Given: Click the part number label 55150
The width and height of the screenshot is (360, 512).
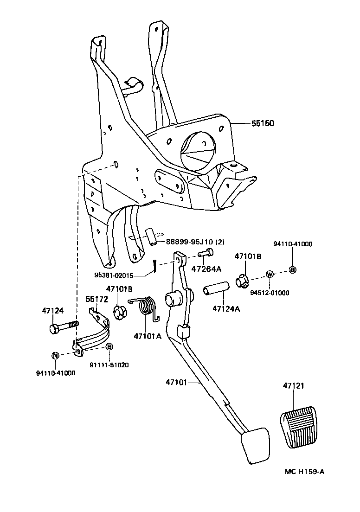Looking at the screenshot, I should [x=263, y=123].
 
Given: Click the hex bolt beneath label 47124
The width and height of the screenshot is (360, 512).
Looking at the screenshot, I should [x=63, y=327].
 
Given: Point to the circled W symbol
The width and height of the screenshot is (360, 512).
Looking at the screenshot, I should [x=269, y=274].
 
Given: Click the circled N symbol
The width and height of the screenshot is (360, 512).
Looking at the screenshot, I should [x=55, y=355].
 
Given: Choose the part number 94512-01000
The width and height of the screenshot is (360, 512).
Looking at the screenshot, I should [x=270, y=293].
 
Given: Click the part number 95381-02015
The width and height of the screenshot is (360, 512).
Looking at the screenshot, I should [x=114, y=275].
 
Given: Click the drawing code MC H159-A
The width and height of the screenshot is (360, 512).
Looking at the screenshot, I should [x=304, y=472].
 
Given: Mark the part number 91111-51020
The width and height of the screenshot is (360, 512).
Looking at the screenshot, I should [x=109, y=365].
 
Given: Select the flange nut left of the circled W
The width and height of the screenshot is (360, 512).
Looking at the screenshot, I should [x=242, y=281].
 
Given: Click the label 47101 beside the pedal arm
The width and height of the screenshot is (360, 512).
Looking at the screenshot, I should [x=176, y=382].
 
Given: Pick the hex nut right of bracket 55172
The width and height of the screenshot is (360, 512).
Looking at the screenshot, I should [x=120, y=313].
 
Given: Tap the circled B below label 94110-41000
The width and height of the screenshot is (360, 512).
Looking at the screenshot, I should [x=292, y=270].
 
